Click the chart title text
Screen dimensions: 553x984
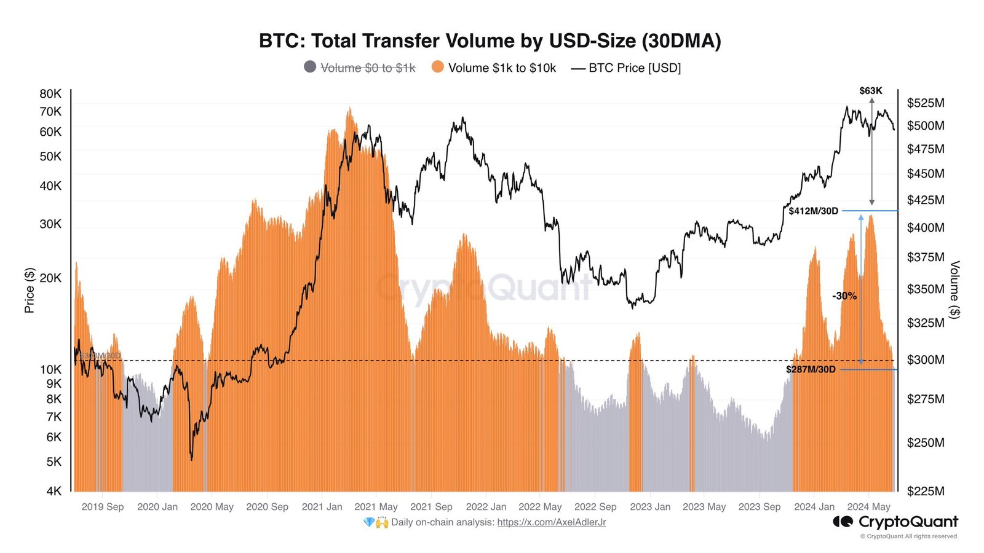click(x=490, y=41)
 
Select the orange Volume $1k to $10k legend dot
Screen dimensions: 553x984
click(x=438, y=67)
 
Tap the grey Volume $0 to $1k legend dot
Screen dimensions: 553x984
click(x=311, y=67)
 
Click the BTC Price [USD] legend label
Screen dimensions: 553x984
click(x=635, y=68)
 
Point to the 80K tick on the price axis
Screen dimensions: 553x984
click(x=50, y=94)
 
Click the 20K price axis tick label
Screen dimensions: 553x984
click(x=50, y=278)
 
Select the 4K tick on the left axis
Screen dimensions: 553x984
click(x=54, y=491)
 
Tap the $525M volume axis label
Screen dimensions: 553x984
click(x=926, y=103)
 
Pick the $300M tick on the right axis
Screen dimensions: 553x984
click(x=926, y=359)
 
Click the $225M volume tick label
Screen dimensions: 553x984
click(x=926, y=491)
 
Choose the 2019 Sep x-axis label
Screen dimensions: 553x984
click(x=103, y=507)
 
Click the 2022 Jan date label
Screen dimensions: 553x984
click(x=486, y=507)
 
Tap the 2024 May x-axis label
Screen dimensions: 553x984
click(x=868, y=507)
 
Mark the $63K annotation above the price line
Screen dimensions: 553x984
click(x=871, y=91)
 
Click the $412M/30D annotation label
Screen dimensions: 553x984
click(x=813, y=211)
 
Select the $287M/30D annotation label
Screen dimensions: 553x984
click(x=811, y=370)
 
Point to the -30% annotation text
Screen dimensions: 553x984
click(x=844, y=296)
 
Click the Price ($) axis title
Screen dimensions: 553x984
click(x=30, y=290)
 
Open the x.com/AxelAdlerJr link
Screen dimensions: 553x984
click(x=551, y=522)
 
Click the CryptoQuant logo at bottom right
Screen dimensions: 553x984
click(x=895, y=522)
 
